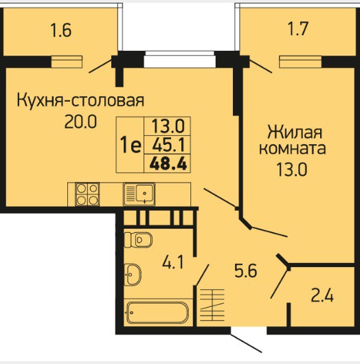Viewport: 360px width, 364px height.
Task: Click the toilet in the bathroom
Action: click(x=138, y=240)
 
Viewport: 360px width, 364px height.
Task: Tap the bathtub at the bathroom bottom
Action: click(x=158, y=312)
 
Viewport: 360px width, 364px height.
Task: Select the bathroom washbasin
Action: click(x=133, y=275)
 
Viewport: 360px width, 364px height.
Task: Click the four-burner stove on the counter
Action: click(x=87, y=194)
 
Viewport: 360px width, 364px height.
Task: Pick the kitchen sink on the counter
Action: click(x=139, y=194)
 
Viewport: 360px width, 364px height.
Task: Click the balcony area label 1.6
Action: click(x=61, y=31)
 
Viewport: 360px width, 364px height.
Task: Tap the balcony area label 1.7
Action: click(x=298, y=29)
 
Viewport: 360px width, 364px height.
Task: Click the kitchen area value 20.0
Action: click(x=80, y=122)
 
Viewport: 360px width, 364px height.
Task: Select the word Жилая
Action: click(x=295, y=132)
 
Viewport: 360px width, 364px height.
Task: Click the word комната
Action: click(x=293, y=149)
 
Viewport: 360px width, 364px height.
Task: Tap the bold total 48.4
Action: click(x=168, y=163)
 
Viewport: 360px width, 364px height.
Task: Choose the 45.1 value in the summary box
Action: click(x=168, y=145)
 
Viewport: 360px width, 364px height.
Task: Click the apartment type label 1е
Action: click(x=131, y=145)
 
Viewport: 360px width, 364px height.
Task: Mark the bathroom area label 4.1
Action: click(x=173, y=262)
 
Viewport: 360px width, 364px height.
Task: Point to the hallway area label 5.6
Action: click(x=246, y=271)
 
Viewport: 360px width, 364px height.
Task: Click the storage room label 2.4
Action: click(x=322, y=295)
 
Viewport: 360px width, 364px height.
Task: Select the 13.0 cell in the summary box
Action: click(x=168, y=126)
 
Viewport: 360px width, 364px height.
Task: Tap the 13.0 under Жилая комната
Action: click(x=292, y=170)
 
